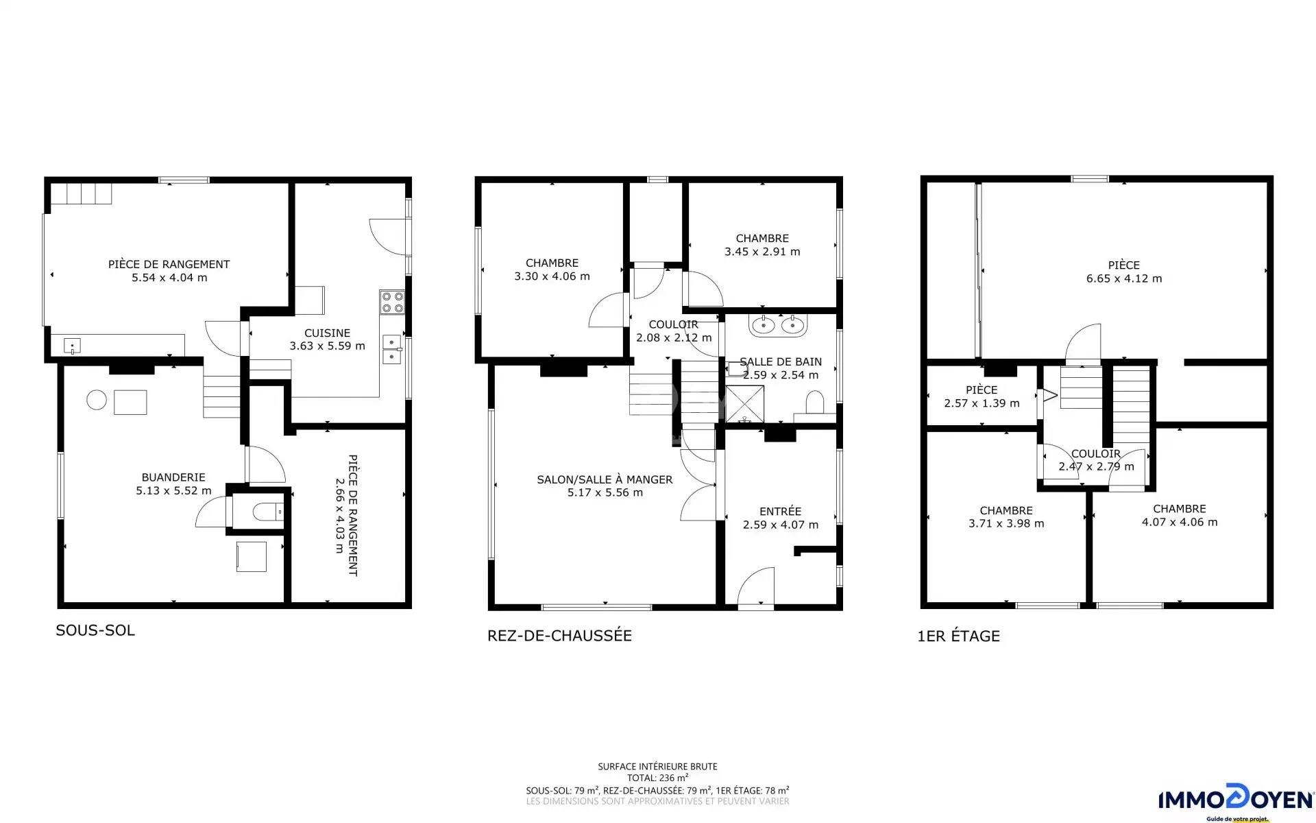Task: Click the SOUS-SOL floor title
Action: (x=95, y=630)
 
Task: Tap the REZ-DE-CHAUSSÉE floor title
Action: (x=559, y=636)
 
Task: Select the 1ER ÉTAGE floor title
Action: (x=958, y=636)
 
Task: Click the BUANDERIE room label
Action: (x=173, y=477)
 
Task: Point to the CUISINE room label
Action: (x=327, y=333)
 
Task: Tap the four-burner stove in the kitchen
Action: (x=392, y=302)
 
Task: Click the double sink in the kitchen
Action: (x=393, y=349)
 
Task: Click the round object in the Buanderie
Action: (x=97, y=400)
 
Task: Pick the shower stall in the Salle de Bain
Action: (x=744, y=405)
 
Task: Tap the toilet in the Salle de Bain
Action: (x=814, y=403)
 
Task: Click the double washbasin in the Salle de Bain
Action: (x=778, y=324)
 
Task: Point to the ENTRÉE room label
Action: (x=780, y=512)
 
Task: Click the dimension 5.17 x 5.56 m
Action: (x=605, y=492)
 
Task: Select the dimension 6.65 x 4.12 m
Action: (x=1124, y=278)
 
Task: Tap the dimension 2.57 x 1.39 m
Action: (x=982, y=403)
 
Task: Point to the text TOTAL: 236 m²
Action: (x=657, y=778)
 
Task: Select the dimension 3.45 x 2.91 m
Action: (x=762, y=252)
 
